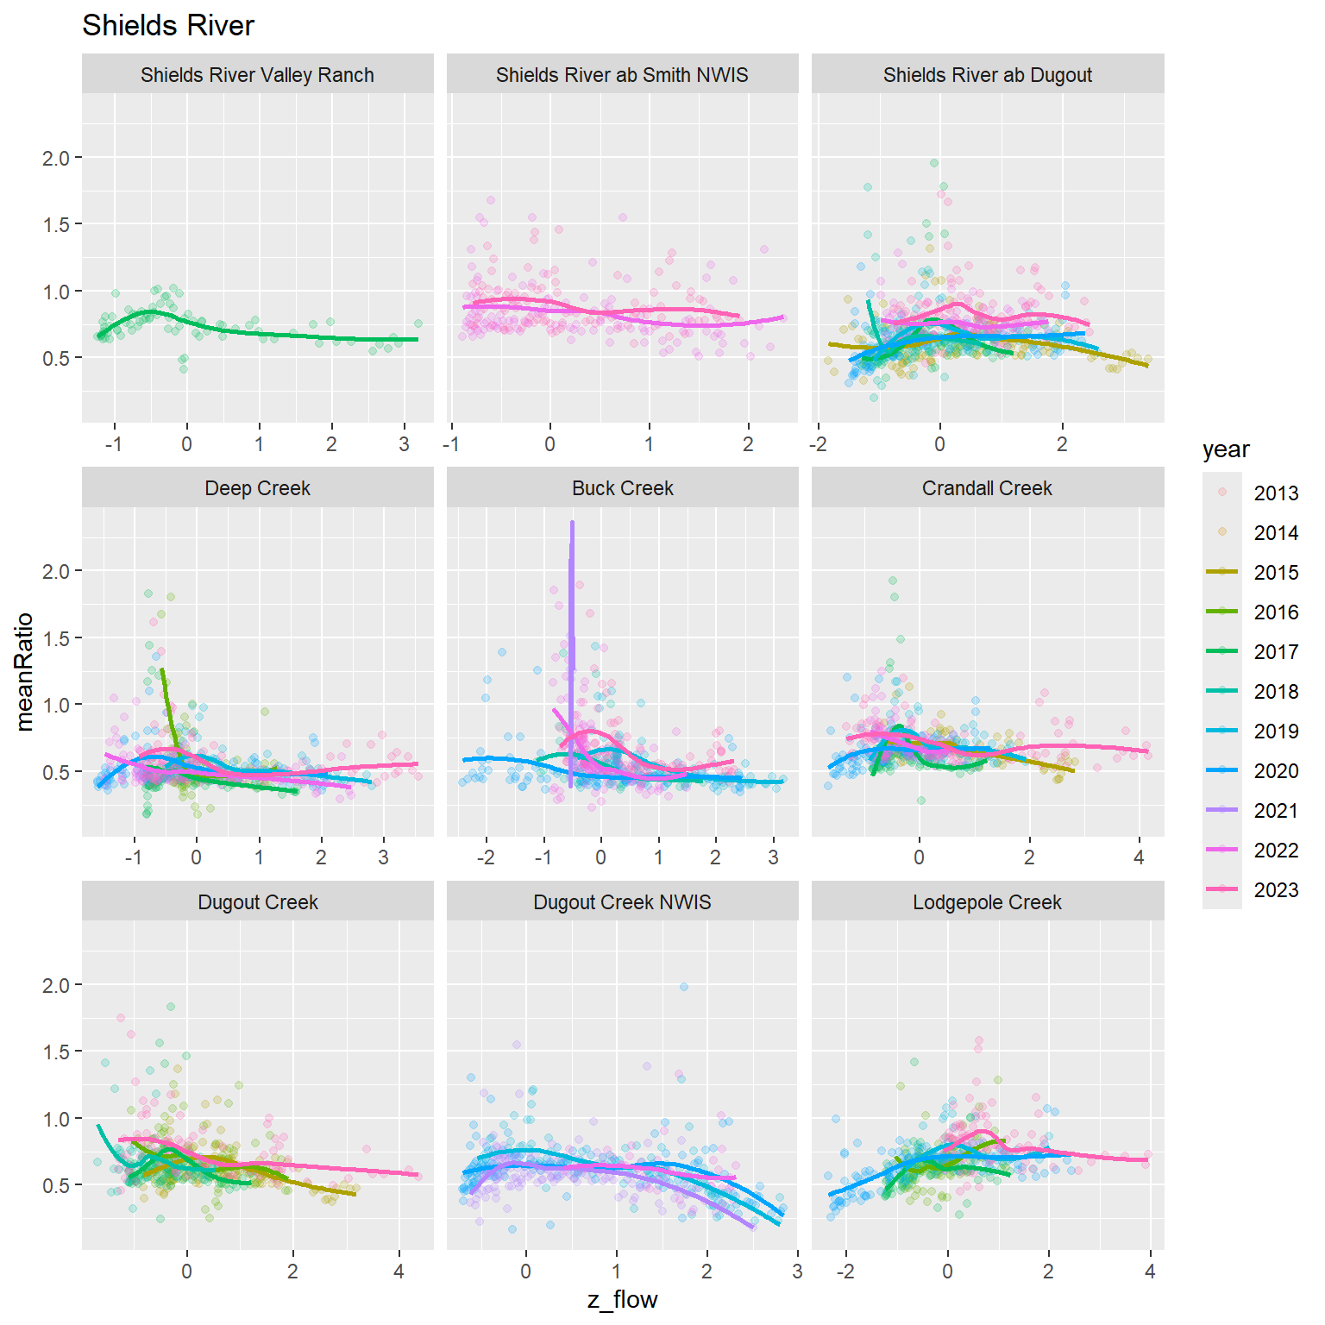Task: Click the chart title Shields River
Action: click(167, 26)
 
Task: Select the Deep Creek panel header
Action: click(257, 488)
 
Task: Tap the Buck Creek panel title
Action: click(622, 488)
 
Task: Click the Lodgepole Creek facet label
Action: click(987, 902)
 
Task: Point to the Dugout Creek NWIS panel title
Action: click(622, 902)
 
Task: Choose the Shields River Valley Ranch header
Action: click(257, 75)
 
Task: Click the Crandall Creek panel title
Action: click(987, 488)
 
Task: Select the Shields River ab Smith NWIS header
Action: click(622, 75)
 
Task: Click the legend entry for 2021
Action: click(1276, 811)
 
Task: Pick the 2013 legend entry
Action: click(1276, 493)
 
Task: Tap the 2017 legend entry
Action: click(1276, 652)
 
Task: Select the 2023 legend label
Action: click(1276, 890)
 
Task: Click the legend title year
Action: click(1225, 449)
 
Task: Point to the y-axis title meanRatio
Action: click(24, 671)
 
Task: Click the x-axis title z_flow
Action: click(622, 1300)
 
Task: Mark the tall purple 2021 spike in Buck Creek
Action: click(571, 604)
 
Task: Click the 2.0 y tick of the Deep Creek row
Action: click(55, 571)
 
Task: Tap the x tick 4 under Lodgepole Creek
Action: click(1150, 1272)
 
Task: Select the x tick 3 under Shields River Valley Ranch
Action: click(404, 445)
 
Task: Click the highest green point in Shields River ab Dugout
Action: click(934, 163)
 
